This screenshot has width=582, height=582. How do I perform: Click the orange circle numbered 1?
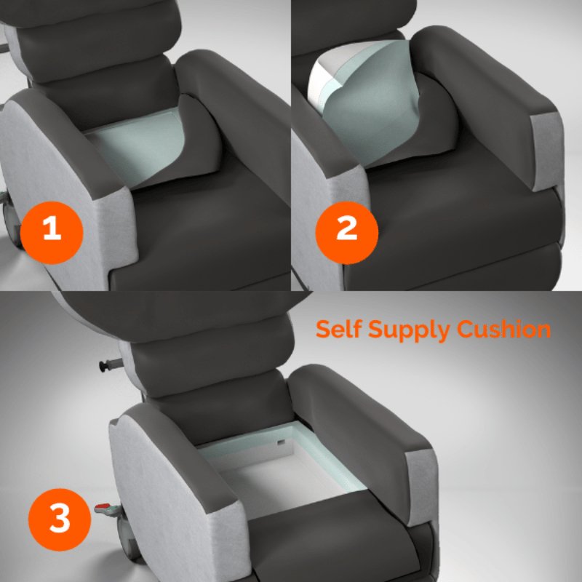[x=52, y=231]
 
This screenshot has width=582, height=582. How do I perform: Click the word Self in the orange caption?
[x=338, y=329]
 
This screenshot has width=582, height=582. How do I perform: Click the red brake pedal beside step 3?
[x=102, y=509]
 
